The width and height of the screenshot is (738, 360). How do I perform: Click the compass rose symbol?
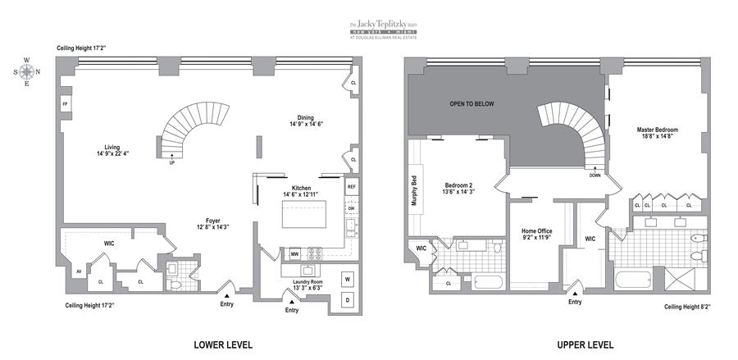26,71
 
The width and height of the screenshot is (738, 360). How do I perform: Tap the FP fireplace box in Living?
64,104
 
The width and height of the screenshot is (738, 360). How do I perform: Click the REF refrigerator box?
351,187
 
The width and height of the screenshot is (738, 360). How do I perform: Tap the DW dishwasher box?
351,208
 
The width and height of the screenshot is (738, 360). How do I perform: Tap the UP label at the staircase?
171,162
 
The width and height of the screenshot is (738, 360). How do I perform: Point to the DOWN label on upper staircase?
594,175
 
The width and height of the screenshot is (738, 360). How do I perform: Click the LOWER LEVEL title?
222,344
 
